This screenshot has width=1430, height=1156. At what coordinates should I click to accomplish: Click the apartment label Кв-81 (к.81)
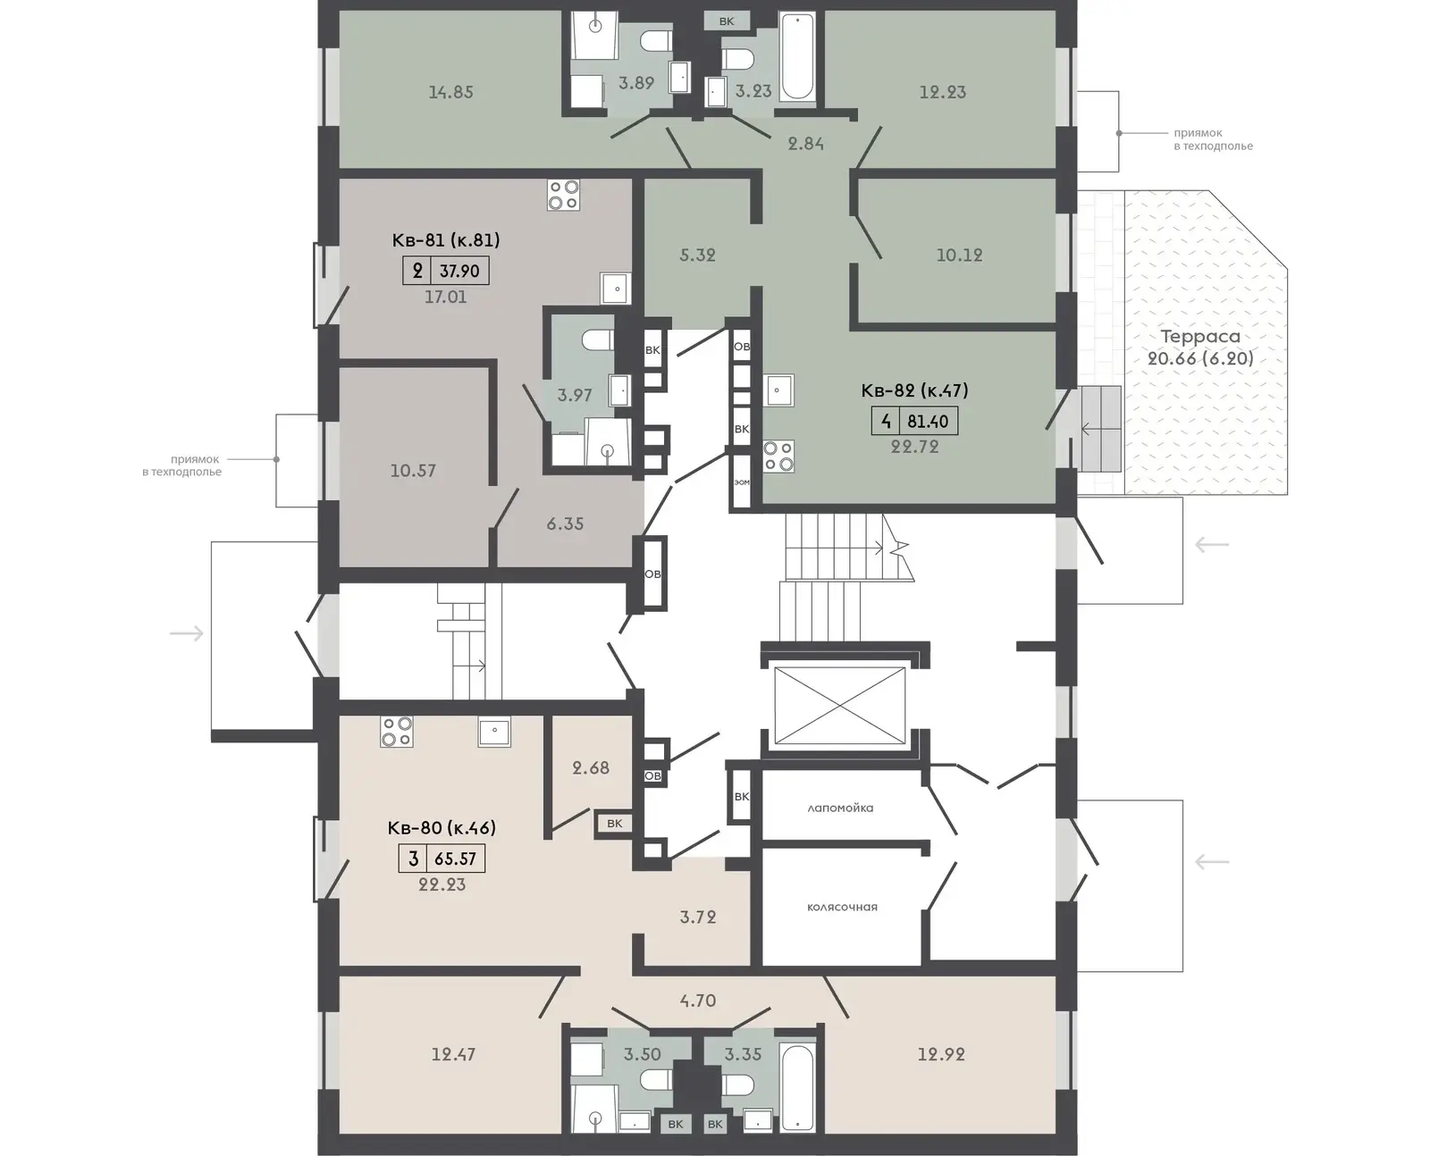pos(446,240)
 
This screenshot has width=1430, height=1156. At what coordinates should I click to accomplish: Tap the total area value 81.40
pos(928,422)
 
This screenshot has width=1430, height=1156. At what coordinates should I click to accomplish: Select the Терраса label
pos(1200,336)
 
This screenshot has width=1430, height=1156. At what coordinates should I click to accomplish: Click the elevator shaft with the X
pos(839,705)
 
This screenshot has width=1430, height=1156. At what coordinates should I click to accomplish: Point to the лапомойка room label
pos(840,808)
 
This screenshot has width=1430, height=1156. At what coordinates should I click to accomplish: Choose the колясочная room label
pos(842,907)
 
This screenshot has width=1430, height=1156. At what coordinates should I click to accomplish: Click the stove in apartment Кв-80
pos(396,732)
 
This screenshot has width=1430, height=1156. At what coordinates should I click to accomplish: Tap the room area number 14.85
pos(451,92)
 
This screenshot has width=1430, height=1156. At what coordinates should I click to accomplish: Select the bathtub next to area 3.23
pos(797,57)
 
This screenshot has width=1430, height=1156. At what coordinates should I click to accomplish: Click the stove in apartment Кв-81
pos(563,195)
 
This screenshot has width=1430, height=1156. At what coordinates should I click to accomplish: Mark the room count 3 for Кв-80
pos(413,859)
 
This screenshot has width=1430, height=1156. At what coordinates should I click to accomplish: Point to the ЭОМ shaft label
pos(742,482)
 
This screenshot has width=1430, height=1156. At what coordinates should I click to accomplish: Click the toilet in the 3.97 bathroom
pos(598,339)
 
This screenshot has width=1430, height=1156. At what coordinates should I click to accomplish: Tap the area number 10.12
pos(959,255)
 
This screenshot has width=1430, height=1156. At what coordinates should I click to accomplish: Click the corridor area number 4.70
pos(697,1001)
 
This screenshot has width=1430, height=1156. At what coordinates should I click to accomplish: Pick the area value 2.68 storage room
pos(591,767)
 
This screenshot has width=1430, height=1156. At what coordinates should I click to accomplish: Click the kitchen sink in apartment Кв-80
pos(494,732)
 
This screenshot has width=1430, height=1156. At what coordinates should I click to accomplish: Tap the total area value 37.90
pos(459,271)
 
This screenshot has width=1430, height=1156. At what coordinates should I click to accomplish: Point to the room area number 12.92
pos(941,1054)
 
